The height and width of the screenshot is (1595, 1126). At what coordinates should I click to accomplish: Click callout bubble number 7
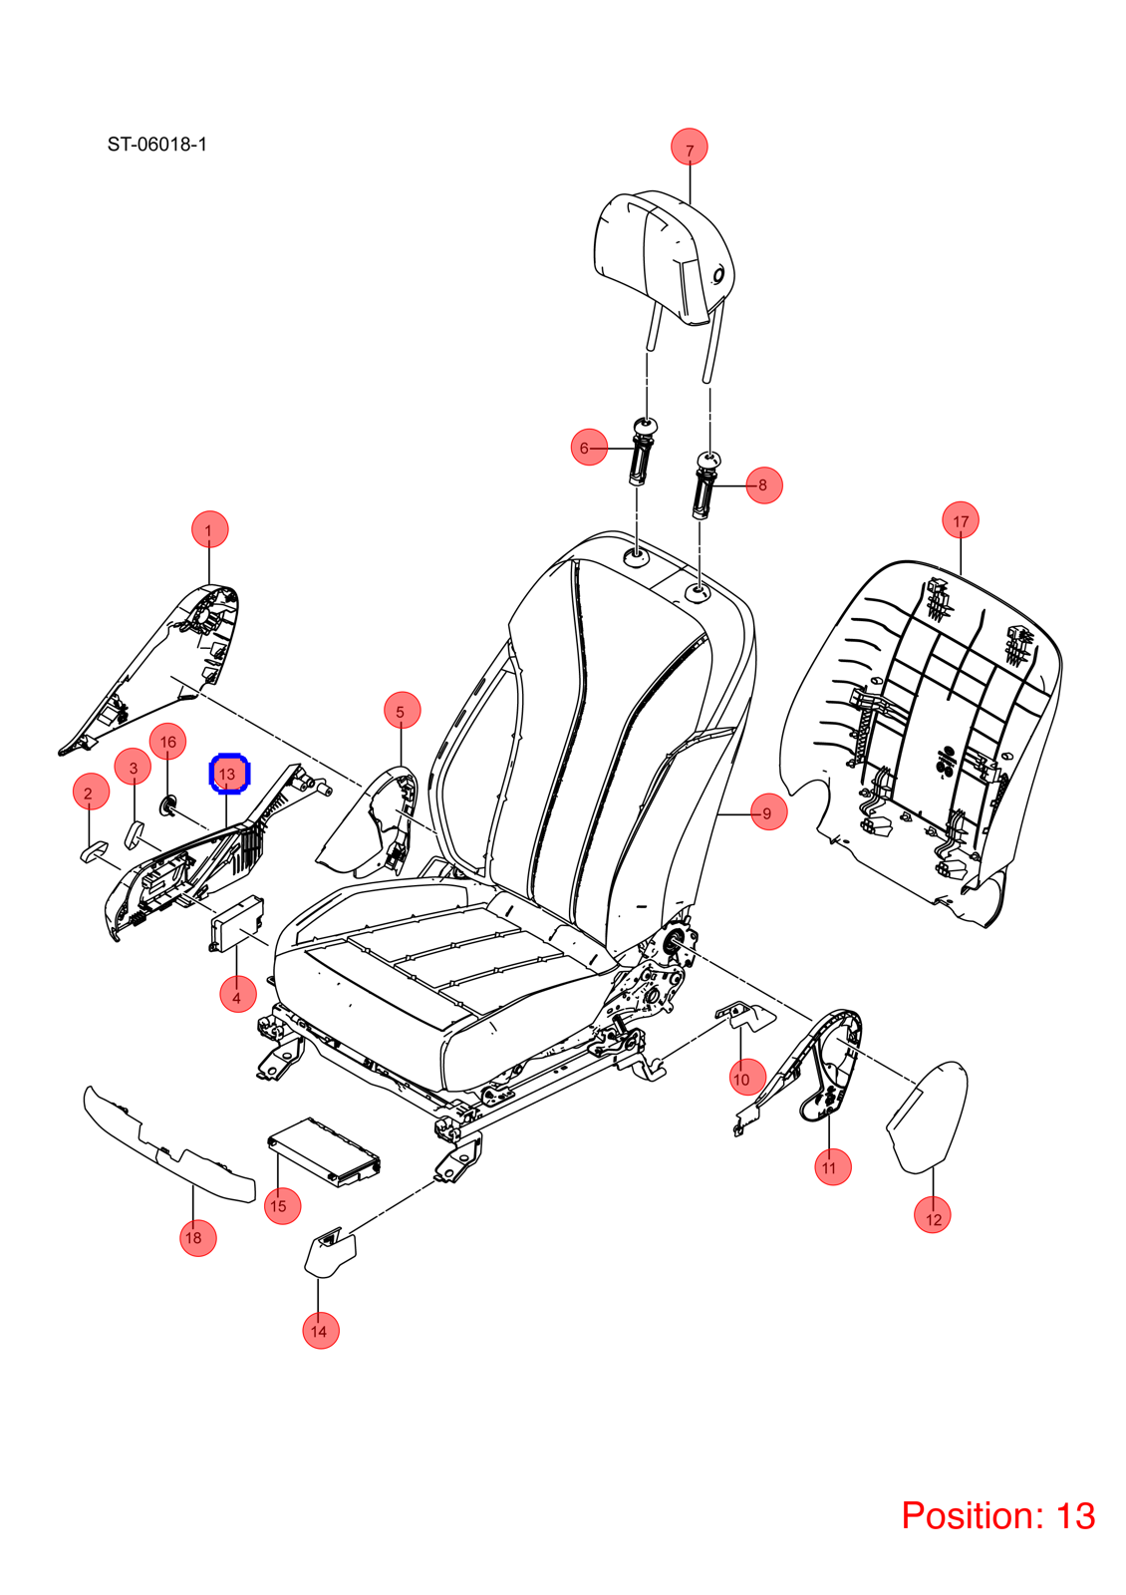click(689, 147)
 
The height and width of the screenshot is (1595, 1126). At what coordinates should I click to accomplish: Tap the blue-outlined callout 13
click(229, 773)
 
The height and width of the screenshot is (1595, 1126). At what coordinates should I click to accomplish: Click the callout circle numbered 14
click(320, 1330)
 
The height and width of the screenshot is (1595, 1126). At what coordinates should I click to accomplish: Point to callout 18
click(197, 1237)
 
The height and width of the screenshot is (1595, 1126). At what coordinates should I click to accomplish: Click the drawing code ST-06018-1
click(156, 145)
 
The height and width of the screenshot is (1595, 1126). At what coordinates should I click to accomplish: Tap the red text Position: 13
click(997, 1515)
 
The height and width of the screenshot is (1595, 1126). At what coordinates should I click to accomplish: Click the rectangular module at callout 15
click(324, 1151)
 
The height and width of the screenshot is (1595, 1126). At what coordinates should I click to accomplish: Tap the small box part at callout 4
click(236, 922)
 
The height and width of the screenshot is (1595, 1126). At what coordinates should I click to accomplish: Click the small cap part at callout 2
click(94, 851)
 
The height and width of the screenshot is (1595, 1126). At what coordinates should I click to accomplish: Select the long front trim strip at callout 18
click(168, 1145)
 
